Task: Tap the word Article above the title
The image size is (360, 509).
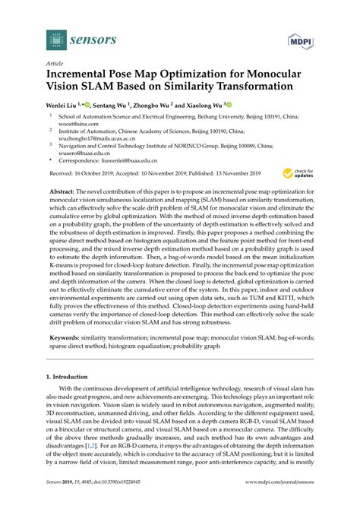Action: (55, 64)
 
